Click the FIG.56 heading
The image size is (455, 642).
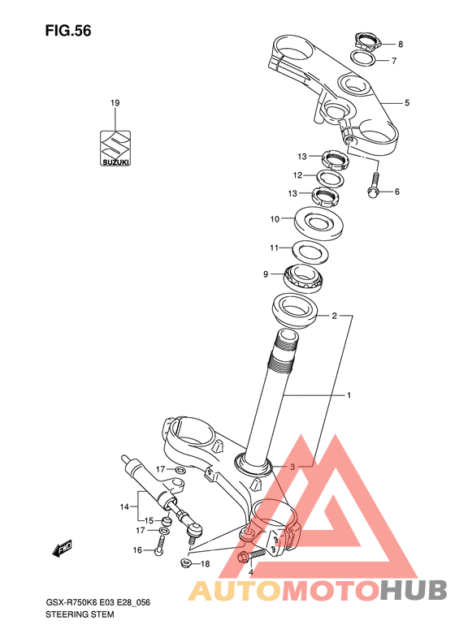(68, 31)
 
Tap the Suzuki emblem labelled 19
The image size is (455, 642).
(115, 149)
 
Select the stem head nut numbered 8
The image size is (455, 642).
(367, 41)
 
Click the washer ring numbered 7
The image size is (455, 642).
(363, 58)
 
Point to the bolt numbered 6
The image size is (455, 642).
(374, 185)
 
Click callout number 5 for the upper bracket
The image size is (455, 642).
(407, 103)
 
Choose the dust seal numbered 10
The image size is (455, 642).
(319, 223)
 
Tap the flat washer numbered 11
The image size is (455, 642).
(310, 252)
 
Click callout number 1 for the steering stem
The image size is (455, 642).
(349, 395)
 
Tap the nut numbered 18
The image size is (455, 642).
(186, 562)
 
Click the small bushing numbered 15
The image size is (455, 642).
(166, 521)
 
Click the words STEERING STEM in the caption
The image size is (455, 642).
(80, 614)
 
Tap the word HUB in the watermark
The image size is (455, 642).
(414, 591)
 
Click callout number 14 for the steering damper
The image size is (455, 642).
(124, 507)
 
